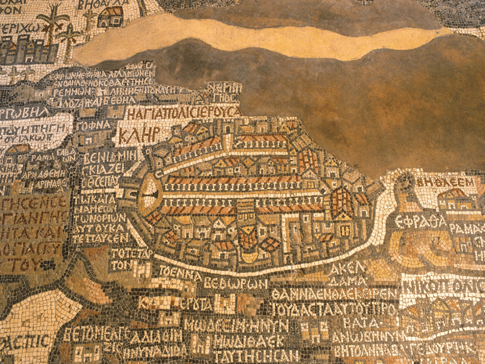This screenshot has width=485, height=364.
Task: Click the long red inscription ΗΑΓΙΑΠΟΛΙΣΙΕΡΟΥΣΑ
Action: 183,112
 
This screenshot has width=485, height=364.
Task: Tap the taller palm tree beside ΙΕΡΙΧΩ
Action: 52,22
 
